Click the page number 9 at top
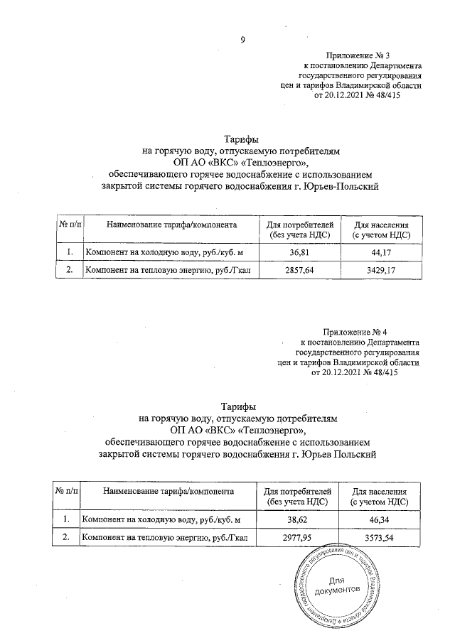click(242, 39)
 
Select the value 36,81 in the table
click(301, 252)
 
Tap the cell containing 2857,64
click(301, 270)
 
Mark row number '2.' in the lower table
click(66, 539)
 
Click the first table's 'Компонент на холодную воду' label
click(142, 252)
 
